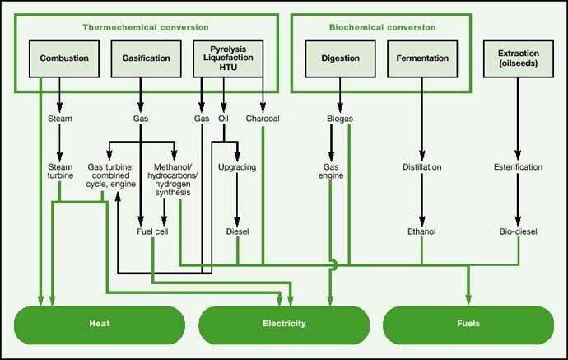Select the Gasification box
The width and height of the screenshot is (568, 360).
(x=146, y=58)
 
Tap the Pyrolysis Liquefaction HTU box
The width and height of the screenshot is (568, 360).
(x=228, y=58)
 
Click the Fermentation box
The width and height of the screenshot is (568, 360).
(x=422, y=58)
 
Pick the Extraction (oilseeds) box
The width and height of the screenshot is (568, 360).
(x=518, y=58)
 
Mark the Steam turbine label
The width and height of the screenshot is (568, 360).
(x=60, y=171)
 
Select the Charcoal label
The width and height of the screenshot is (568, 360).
(x=263, y=119)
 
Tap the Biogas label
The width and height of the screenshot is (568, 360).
(x=339, y=119)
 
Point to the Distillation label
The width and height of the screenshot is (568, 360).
(x=422, y=167)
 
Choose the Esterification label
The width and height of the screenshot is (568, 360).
(x=518, y=167)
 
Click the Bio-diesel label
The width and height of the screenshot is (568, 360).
(x=518, y=232)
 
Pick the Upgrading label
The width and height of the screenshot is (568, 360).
(x=237, y=167)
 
